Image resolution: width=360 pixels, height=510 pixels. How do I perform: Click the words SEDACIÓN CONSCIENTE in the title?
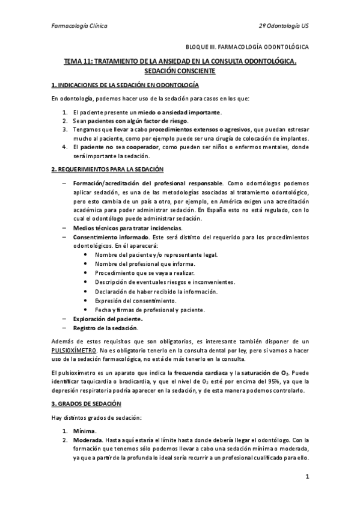pyautogui.click(x=180, y=71)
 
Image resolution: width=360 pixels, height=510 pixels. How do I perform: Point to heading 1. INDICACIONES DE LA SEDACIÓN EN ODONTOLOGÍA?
pyautogui.click(x=125, y=85)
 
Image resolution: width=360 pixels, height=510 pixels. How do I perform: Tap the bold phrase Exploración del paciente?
pyautogui.click(x=108, y=319)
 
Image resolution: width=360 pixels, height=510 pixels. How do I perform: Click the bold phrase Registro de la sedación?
pyautogui.click(x=105, y=328)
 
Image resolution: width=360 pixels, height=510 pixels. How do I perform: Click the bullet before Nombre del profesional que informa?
pyautogui.click(x=88, y=263)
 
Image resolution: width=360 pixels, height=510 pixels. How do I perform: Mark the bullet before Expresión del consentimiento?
pyautogui.click(x=88, y=300)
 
